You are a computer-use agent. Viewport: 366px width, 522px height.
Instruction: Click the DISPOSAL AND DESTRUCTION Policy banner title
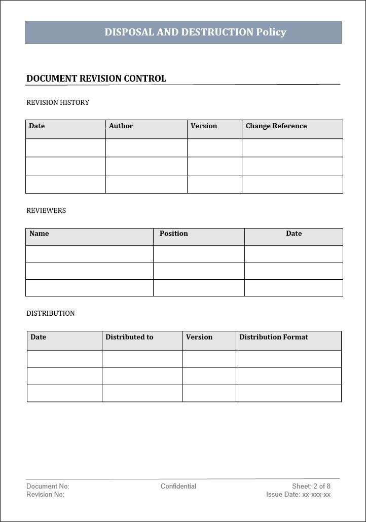(x=195, y=32)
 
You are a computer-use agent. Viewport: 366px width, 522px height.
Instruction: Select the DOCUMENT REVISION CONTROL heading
(x=96, y=79)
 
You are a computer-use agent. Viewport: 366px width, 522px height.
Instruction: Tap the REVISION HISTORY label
(x=58, y=102)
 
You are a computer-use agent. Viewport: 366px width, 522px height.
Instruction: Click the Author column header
(x=121, y=126)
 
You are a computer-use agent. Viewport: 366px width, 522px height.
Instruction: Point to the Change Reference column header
(x=276, y=126)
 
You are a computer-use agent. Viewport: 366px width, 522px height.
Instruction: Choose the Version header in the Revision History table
(x=204, y=126)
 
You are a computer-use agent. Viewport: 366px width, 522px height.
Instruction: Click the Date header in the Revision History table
(x=37, y=126)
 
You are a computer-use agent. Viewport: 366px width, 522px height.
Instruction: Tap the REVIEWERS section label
(x=46, y=210)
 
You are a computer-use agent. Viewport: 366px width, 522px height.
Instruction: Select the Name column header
(x=39, y=234)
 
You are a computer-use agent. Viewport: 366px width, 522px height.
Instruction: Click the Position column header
(x=174, y=234)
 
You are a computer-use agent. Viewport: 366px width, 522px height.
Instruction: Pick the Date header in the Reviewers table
(x=294, y=234)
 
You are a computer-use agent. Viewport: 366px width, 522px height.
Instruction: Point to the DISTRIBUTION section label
(x=51, y=313)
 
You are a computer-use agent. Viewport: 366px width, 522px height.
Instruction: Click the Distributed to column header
(x=129, y=337)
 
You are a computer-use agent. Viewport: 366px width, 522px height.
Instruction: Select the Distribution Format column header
(x=274, y=337)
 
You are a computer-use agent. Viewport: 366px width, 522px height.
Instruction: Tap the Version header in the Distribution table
(x=199, y=337)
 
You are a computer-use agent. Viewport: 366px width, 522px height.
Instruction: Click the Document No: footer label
(x=48, y=486)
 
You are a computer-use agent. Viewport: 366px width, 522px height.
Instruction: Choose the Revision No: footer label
(x=46, y=494)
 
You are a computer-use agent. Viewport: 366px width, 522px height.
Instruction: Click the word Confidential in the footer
(x=178, y=486)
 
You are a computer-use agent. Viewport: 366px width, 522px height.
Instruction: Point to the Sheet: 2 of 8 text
(x=311, y=486)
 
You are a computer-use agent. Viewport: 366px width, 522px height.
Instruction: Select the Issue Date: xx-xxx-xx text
(x=298, y=494)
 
